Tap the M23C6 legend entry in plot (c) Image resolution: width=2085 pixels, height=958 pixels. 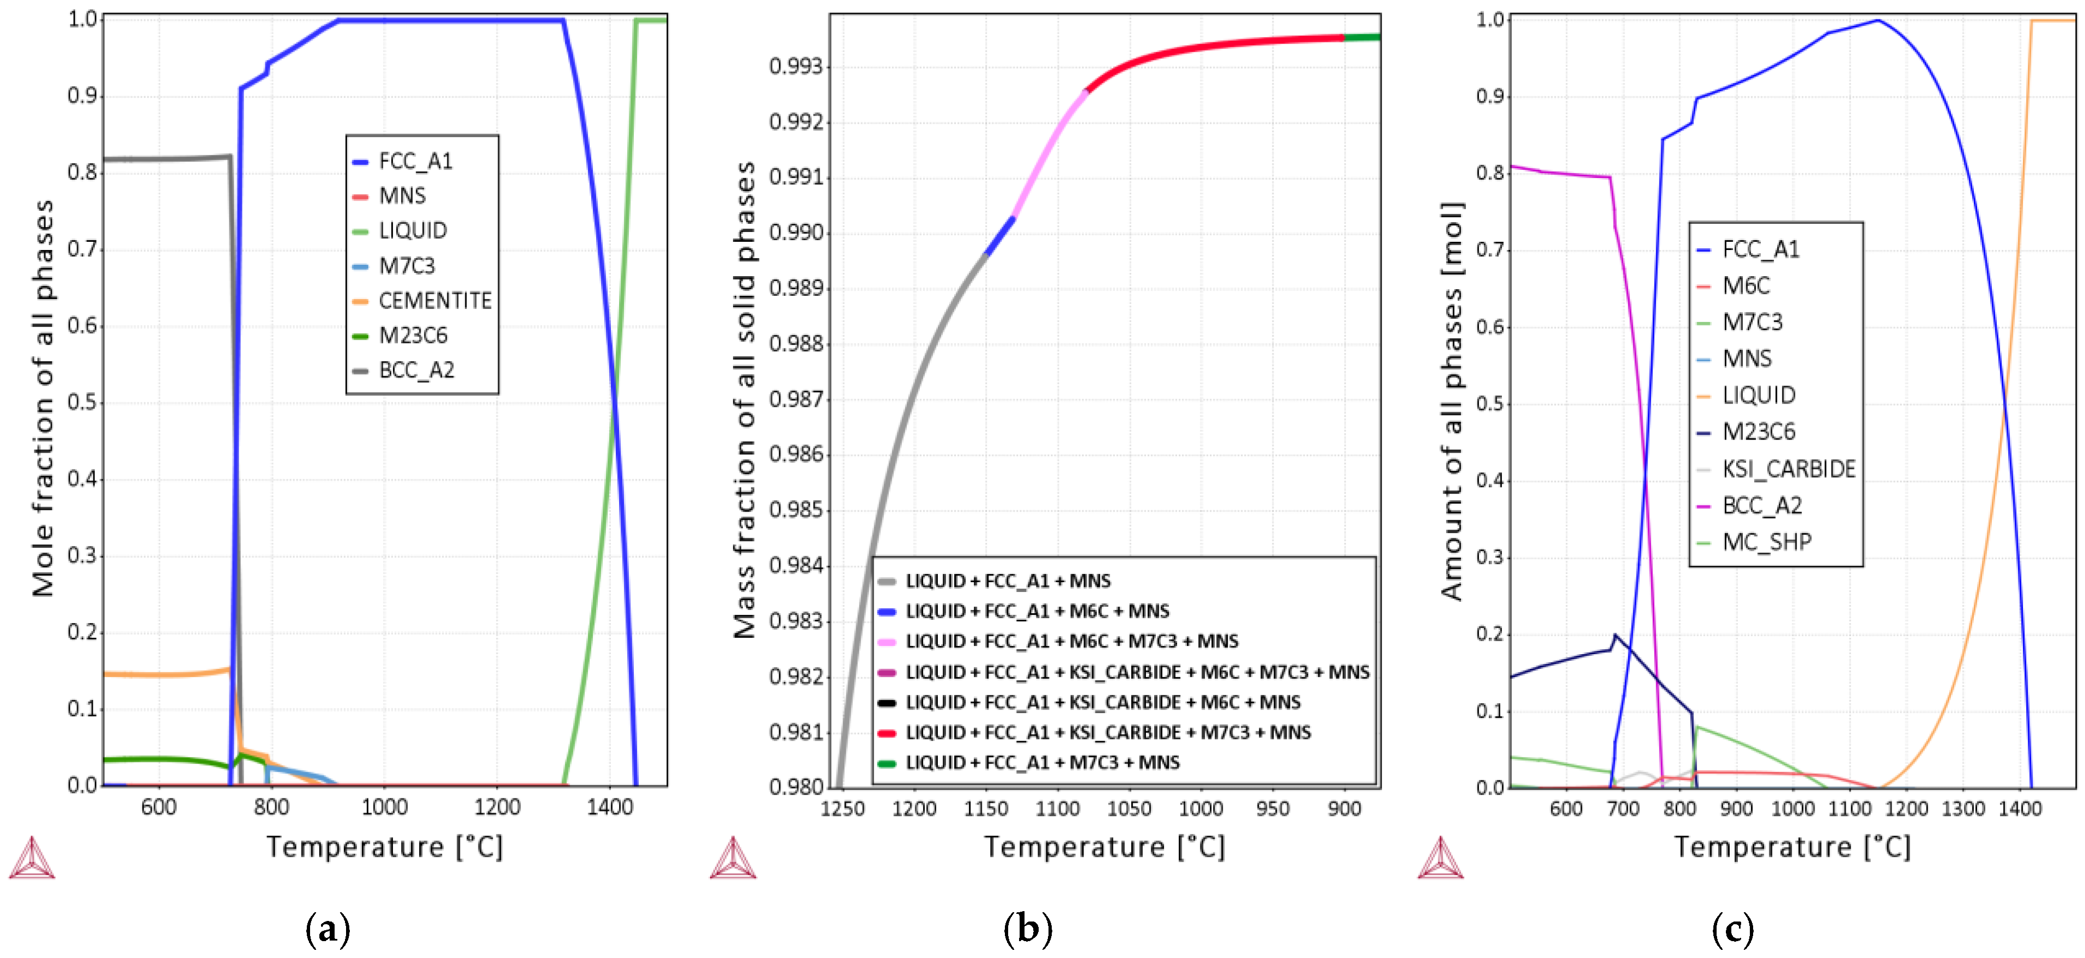point(1758,432)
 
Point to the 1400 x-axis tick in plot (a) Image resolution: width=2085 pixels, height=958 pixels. point(609,808)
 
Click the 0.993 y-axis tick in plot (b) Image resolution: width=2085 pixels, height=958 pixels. point(795,66)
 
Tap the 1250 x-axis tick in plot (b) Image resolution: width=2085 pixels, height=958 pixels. point(843,809)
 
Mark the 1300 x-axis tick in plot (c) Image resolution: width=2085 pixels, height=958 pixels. point(1963,809)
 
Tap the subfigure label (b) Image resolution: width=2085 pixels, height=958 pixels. point(1027,929)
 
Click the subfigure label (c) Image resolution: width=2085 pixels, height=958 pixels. point(1732,929)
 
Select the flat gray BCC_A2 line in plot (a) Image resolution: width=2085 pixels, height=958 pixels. point(162,158)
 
